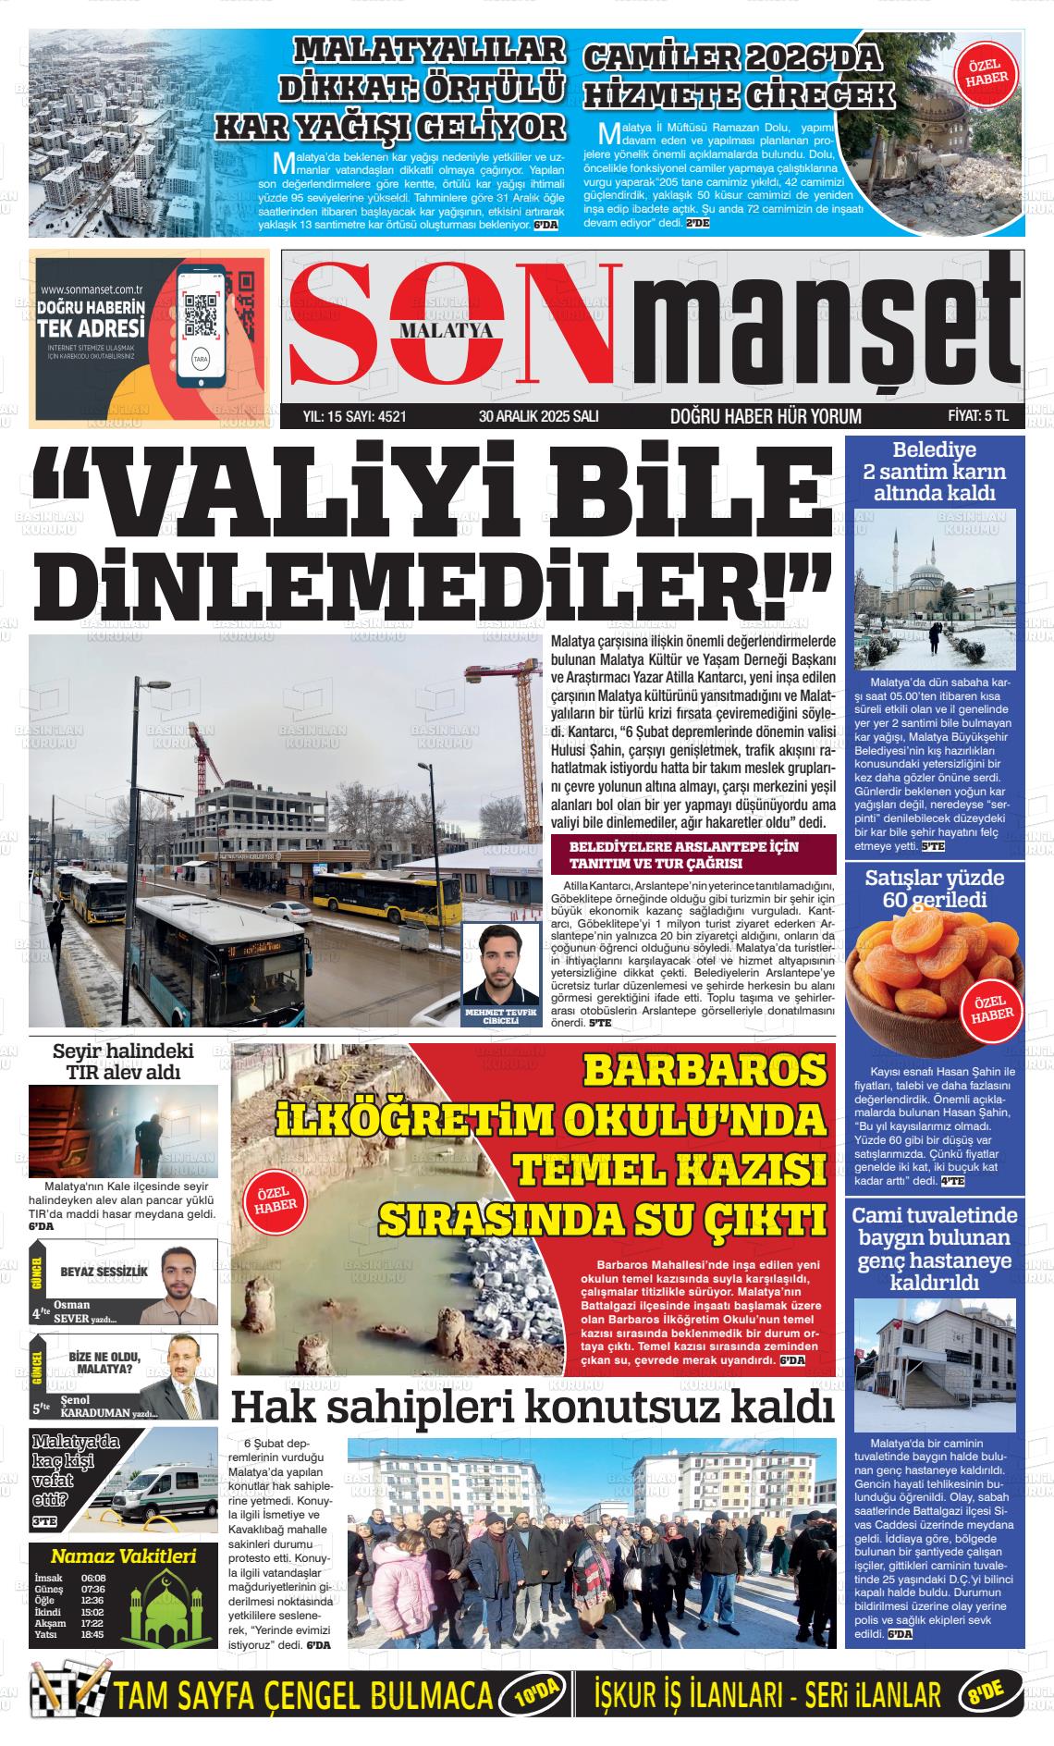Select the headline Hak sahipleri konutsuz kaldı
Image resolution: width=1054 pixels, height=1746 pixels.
(532, 1407)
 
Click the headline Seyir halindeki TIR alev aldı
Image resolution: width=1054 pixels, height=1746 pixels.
(123, 1062)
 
